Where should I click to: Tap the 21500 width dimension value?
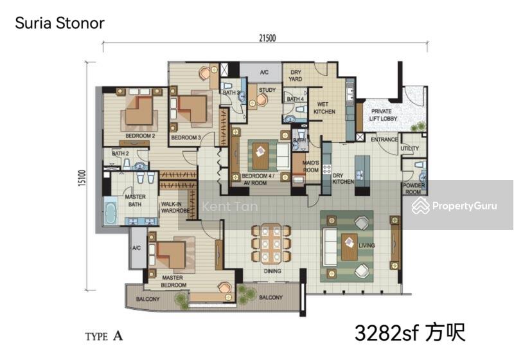(x=268, y=38)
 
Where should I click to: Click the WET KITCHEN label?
(x=324, y=107)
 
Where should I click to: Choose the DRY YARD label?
(x=296, y=76)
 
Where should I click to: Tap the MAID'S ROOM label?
(x=312, y=166)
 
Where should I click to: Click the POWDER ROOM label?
(x=412, y=188)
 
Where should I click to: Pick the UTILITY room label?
(x=409, y=148)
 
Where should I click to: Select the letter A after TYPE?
(x=118, y=336)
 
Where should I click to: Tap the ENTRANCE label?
(x=384, y=139)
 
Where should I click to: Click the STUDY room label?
(x=267, y=90)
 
